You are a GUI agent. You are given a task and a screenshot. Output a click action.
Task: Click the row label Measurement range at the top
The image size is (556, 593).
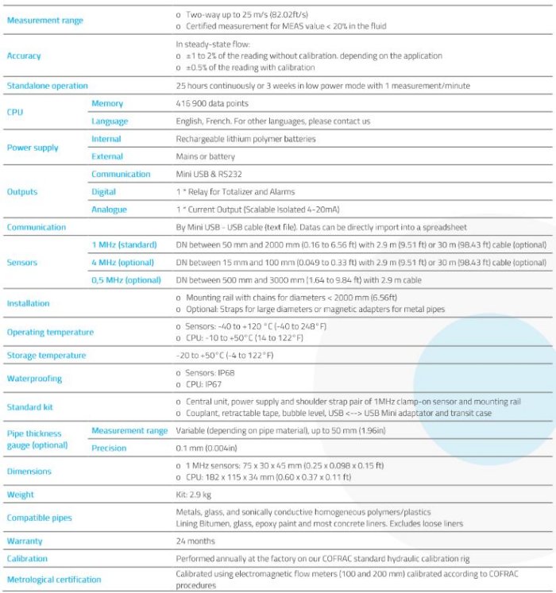tap(44, 20)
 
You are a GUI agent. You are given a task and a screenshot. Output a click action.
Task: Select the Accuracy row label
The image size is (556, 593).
tap(24, 56)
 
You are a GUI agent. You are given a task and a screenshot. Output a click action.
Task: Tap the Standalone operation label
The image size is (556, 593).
tap(48, 86)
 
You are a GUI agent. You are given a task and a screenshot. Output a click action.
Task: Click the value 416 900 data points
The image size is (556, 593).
tap(212, 103)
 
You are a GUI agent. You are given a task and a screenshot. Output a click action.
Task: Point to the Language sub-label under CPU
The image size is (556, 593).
tap(110, 121)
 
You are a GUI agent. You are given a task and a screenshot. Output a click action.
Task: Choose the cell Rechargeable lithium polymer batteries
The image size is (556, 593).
tap(245, 139)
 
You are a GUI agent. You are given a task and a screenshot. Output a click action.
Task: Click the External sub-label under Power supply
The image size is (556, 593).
tap(107, 156)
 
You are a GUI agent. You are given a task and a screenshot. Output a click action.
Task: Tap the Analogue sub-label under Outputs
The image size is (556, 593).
tap(110, 210)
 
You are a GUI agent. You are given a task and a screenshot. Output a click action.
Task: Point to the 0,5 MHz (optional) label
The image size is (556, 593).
tap(127, 279)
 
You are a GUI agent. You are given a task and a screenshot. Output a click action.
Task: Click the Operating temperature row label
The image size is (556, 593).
tap(50, 332)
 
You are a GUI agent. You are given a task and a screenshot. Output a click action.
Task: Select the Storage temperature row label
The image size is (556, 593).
tap(46, 355)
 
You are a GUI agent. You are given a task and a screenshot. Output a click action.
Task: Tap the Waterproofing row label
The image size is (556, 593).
tap(34, 379)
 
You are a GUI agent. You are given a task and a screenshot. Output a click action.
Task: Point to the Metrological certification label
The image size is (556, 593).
tap(54, 580)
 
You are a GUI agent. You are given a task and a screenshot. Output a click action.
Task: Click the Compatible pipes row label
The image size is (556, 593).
tap(39, 518)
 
